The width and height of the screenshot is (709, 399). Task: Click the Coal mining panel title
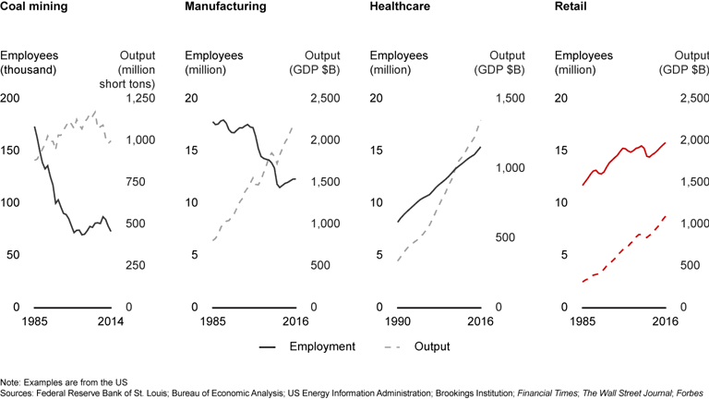coord(31,6)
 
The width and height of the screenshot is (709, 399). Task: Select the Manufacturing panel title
coord(226,6)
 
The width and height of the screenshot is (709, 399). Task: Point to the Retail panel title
coord(566,6)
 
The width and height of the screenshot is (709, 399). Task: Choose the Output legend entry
coord(430,346)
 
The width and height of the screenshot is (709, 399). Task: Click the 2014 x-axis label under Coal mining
coord(111,320)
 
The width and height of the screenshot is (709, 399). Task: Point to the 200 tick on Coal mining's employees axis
coord(10,99)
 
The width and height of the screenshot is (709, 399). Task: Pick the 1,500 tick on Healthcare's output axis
coord(511,99)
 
